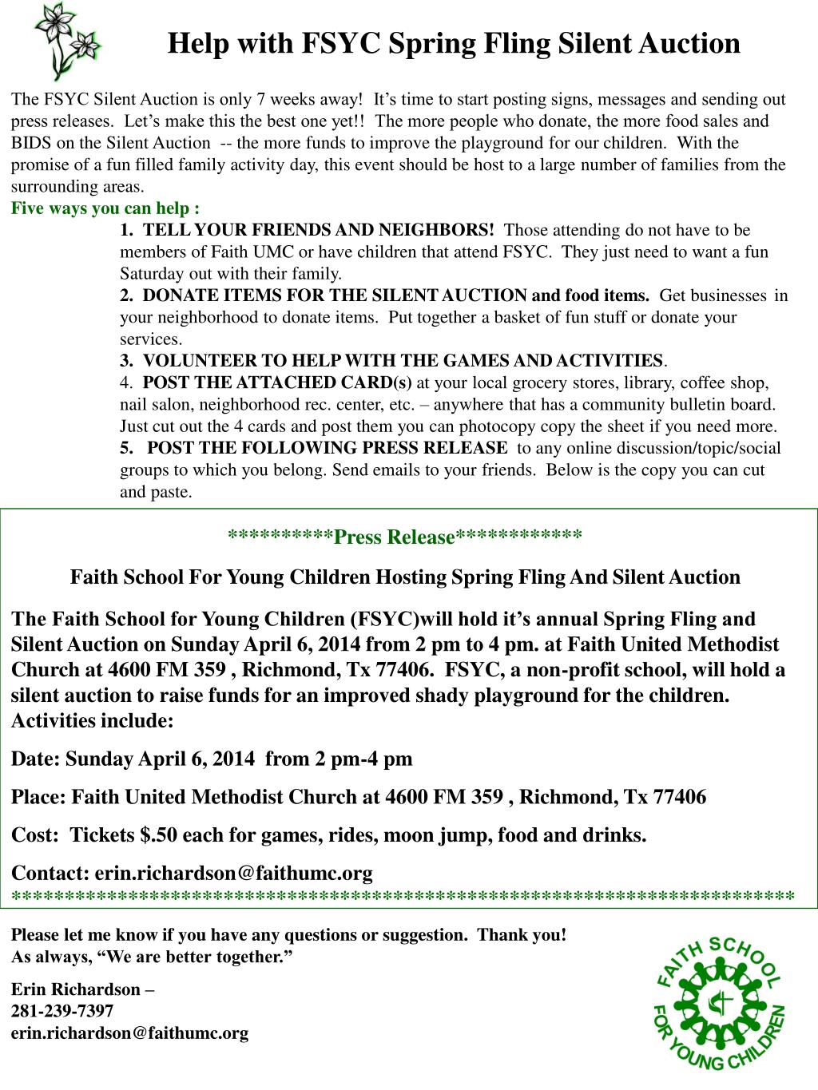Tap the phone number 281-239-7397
coord(62,1011)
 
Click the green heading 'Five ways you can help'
coord(105,208)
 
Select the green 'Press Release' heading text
coord(394,536)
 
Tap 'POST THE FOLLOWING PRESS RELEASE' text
coord(328,447)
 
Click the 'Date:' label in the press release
coord(36,758)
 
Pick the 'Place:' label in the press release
coord(39,797)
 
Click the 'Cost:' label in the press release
coord(35,835)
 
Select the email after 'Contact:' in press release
coord(233,873)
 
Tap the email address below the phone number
coord(129,1033)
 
